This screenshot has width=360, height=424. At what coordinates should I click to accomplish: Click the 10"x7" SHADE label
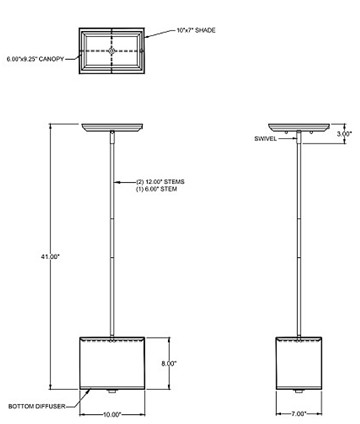click(196, 30)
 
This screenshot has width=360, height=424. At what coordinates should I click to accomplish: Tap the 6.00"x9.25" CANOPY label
click(35, 59)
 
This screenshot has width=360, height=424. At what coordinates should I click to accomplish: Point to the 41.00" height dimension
click(50, 257)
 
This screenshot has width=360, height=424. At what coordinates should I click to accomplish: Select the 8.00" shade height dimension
click(169, 364)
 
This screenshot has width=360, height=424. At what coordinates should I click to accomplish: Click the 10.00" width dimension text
click(112, 415)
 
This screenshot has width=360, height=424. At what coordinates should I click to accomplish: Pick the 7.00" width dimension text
click(299, 414)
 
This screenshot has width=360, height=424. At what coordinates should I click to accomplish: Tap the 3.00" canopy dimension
click(344, 134)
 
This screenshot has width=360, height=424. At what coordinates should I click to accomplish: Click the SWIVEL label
click(265, 139)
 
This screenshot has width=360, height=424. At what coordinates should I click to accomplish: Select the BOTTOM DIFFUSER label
click(37, 407)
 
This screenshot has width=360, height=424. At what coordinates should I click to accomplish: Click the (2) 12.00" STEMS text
click(160, 182)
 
